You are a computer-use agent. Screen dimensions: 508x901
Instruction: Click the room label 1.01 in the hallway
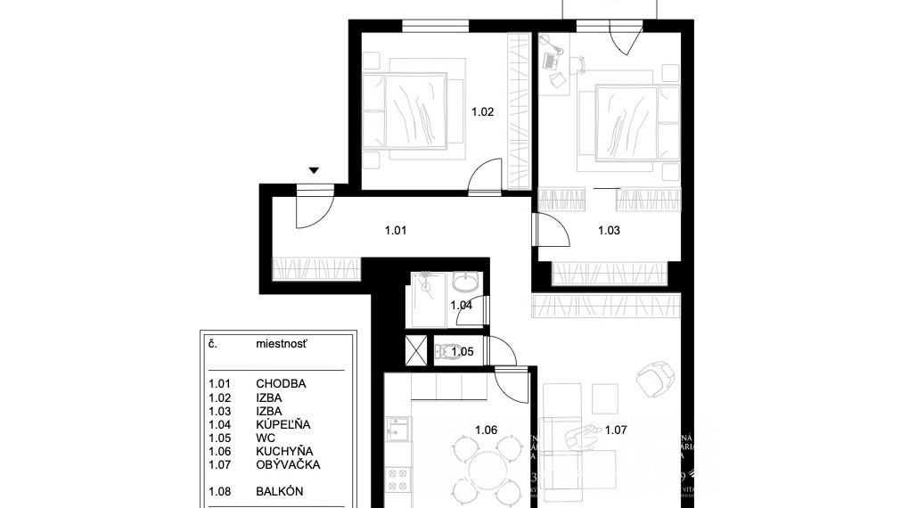pyautogui.click(x=396, y=231)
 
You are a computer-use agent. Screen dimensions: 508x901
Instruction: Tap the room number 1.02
pyautogui.click(x=482, y=112)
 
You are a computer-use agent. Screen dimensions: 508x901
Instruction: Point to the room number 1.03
pyautogui.click(x=609, y=231)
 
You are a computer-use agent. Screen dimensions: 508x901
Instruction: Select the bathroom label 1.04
pyautogui.click(x=461, y=306)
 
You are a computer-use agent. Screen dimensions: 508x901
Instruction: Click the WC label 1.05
pyautogui.click(x=462, y=352)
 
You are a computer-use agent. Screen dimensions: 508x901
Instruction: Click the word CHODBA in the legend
pyautogui.click(x=281, y=384)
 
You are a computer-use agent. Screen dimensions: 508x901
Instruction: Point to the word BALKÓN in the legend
pyautogui.click(x=280, y=490)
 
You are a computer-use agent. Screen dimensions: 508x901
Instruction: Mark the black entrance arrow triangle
pyautogui.click(x=314, y=170)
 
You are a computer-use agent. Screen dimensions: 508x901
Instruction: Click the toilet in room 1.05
pyautogui.click(x=448, y=352)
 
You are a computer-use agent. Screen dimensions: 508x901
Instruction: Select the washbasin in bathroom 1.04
pyautogui.click(x=464, y=284)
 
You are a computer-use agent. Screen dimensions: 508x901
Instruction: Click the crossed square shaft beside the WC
pyautogui.click(x=415, y=350)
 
